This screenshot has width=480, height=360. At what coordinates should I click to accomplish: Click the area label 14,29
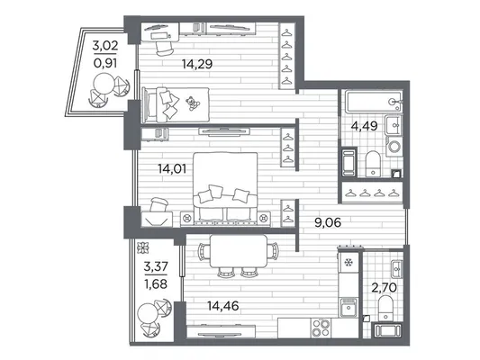[x=197, y=64]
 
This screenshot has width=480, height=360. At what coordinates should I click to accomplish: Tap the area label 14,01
[x=172, y=168]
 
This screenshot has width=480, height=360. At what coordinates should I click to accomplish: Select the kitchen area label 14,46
[x=222, y=306]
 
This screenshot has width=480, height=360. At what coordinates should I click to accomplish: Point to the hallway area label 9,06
[x=328, y=222]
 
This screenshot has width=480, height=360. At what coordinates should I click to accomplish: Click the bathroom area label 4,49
[x=364, y=126]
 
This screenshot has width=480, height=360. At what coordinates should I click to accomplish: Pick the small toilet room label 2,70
[x=384, y=287]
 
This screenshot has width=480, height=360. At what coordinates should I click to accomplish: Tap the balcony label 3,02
[x=105, y=46]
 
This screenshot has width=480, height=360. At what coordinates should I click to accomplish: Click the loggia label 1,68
[x=156, y=284]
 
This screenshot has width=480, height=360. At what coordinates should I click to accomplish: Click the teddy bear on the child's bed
[x=193, y=103]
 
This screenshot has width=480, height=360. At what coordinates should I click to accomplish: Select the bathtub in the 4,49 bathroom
[x=374, y=102]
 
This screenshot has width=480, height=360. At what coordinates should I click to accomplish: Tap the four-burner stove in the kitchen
[x=321, y=328]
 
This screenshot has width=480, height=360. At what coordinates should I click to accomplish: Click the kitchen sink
[x=349, y=307]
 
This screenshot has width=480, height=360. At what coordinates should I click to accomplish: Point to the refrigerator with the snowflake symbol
[x=348, y=262]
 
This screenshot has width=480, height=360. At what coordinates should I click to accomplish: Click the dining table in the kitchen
[x=239, y=250]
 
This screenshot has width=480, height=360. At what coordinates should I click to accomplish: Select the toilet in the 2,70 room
[x=385, y=308]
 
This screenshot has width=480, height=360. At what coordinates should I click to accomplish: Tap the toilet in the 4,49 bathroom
[x=373, y=164]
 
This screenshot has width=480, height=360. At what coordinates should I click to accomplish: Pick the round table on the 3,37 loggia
[x=148, y=313]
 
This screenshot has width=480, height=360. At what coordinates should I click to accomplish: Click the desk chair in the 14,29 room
[x=163, y=49]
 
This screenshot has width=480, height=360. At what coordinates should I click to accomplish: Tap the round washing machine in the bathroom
[x=394, y=147]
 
